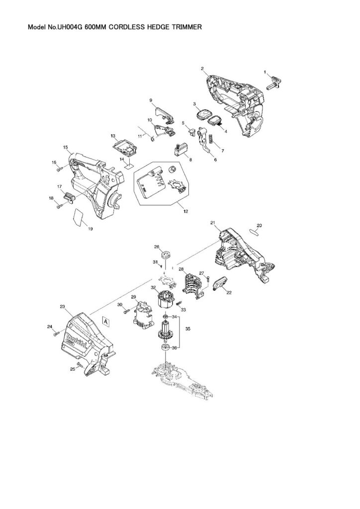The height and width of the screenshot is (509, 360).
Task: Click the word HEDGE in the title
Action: pyautogui.click(x=151, y=28)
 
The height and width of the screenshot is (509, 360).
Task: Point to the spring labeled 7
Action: pyautogui.click(x=210, y=141)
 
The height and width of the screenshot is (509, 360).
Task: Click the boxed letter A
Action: pyautogui.click(x=106, y=322)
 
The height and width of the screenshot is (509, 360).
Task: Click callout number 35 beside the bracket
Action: pyautogui.click(x=188, y=329)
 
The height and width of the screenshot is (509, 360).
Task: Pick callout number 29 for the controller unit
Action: pyautogui.click(x=133, y=297)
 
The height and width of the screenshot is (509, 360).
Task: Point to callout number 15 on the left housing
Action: pyautogui.click(x=65, y=147)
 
